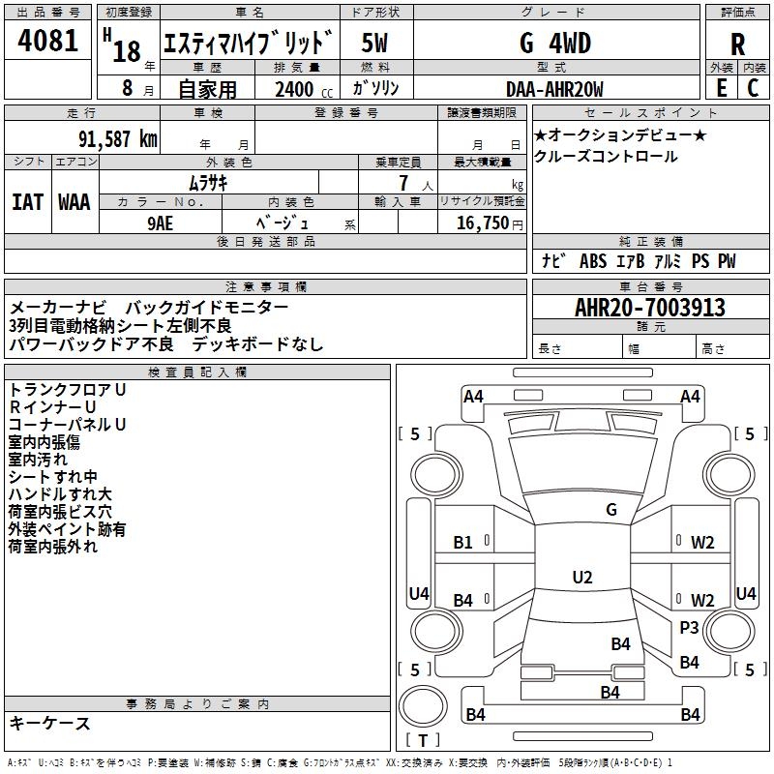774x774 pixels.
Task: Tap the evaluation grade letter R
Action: pyautogui.click(x=738, y=43)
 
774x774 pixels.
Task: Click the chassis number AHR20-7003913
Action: pyautogui.click(x=649, y=308)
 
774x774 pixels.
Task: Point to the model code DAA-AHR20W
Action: pyautogui.click(x=554, y=89)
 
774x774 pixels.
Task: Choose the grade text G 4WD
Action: pyautogui.click(x=554, y=44)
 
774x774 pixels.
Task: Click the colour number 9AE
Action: pyautogui.click(x=161, y=222)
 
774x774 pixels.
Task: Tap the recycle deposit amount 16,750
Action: pyautogui.click(x=481, y=223)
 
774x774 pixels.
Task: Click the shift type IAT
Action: pyautogui.click(x=27, y=201)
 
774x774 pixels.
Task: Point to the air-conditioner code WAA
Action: pyautogui.click(x=74, y=201)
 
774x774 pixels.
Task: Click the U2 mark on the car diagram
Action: pyautogui.click(x=581, y=578)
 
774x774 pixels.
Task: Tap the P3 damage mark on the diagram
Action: pyautogui.click(x=689, y=628)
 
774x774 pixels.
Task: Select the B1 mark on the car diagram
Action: pyautogui.click(x=463, y=543)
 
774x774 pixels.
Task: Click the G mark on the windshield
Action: pyautogui.click(x=610, y=509)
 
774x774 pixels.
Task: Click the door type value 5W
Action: pyautogui.click(x=375, y=44)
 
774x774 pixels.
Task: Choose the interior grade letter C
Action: pyautogui.click(x=752, y=88)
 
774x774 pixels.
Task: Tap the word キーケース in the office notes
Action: pyautogui.click(x=50, y=723)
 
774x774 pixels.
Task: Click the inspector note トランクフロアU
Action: pyautogui.click(x=68, y=389)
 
